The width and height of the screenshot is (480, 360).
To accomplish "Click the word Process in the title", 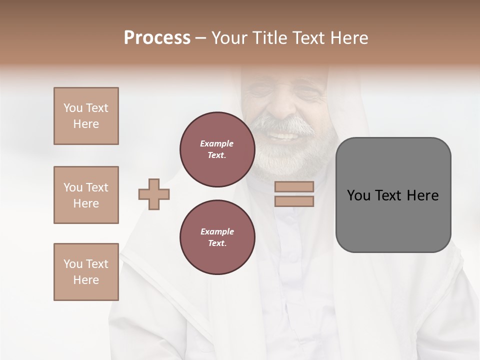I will coord(157,38).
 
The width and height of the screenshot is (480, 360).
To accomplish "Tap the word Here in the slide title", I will coord(346,38).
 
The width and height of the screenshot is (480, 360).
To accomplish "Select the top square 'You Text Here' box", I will coord(86,116).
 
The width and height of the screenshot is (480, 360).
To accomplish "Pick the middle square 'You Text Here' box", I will coord(86,195).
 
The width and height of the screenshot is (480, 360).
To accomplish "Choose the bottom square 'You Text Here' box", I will coord(86,272).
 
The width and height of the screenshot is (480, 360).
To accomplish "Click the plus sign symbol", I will coord(154,194).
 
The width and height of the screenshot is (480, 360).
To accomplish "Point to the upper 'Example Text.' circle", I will coord(217,149).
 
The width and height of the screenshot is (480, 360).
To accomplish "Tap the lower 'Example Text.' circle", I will coord(217,237).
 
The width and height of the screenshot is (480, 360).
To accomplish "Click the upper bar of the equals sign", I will coord(294,186).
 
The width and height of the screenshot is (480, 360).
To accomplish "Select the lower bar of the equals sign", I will coord(294,201).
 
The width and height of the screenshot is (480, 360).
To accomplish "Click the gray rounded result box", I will coord(393,225).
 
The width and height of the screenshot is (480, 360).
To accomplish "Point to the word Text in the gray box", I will coord(389,195).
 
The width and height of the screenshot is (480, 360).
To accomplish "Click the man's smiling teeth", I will coord(284,136).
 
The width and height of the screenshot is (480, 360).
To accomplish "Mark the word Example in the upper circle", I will coord(217,143).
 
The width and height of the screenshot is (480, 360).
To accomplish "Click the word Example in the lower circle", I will coord(217,231).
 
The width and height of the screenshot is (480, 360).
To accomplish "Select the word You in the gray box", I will coord(358,195).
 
